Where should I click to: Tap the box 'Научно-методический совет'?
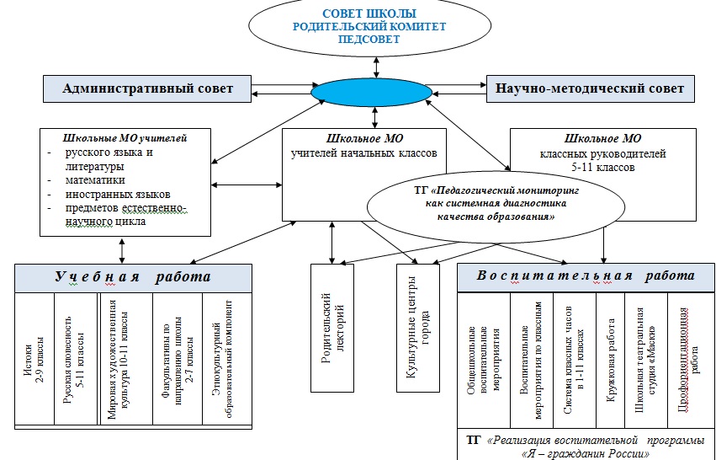coord(590,88)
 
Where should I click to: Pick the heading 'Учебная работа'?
coord(132,277)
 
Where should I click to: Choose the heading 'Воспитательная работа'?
coord(586,275)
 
